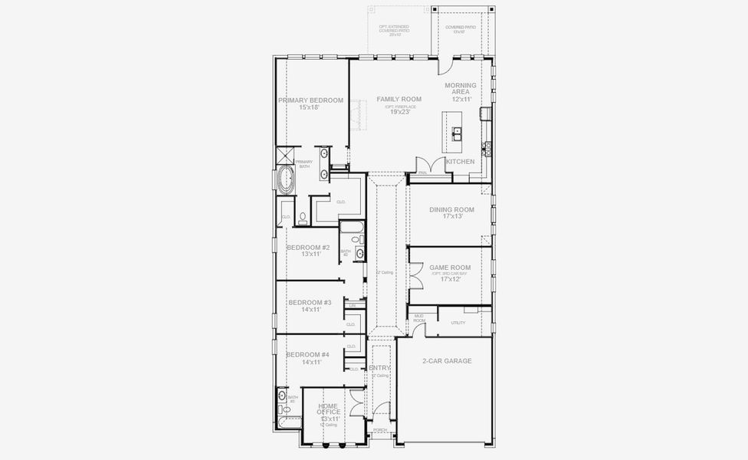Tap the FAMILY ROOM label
[399, 100]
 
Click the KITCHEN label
[460, 162]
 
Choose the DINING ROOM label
[451, 209]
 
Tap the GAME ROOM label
[450, 268]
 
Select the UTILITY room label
[458, 323]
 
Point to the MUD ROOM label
[419, 317]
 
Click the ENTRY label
[379, 368]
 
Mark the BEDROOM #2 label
[308, 248]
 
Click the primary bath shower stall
[285, 153]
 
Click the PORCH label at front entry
[379, 430]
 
